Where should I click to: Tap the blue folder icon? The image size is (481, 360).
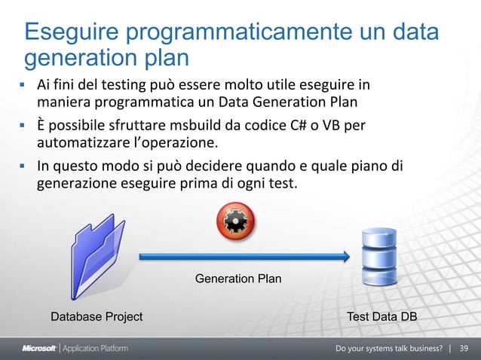click(97, 256)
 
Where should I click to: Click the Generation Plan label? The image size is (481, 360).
click(238, 279)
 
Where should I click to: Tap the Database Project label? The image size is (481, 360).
click(97, 317)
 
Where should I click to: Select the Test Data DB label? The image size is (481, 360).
click(381, 317)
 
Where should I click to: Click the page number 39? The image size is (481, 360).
click(464, 349)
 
